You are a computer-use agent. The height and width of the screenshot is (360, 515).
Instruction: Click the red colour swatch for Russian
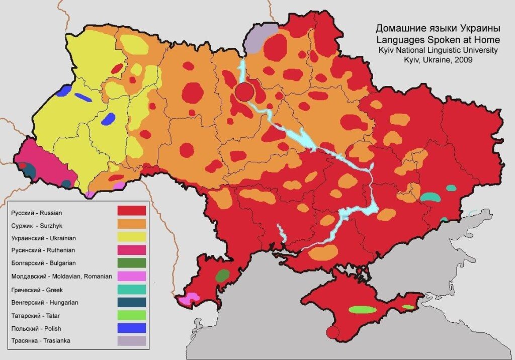[x=131, y=210]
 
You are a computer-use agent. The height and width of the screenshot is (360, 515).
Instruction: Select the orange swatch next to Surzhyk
[x=131, y=223]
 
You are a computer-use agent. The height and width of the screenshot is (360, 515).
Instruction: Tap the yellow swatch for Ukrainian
[x=131, y=236]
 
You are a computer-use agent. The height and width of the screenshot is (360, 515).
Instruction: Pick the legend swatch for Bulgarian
[x=131, y=262]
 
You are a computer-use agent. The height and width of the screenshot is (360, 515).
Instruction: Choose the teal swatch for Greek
[x=131, y=289]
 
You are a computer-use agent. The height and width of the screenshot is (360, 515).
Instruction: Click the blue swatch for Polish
[x=131, y=328]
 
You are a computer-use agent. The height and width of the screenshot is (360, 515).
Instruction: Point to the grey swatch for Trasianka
[x=131, y=341]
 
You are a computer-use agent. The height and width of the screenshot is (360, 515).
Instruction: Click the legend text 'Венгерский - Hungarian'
[x=43, y=303]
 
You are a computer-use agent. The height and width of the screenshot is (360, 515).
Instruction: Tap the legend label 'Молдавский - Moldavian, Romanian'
[x=61, y=276]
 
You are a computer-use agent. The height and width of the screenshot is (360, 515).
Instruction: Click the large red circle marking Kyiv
[x=244, y=92]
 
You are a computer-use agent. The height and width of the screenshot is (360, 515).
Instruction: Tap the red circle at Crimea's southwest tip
[x=331, y=332]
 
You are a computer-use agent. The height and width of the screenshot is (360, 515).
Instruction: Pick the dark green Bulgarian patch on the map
[x=222, y=275]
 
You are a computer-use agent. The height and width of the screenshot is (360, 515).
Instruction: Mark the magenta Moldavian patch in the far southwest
[x=187, y=299]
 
